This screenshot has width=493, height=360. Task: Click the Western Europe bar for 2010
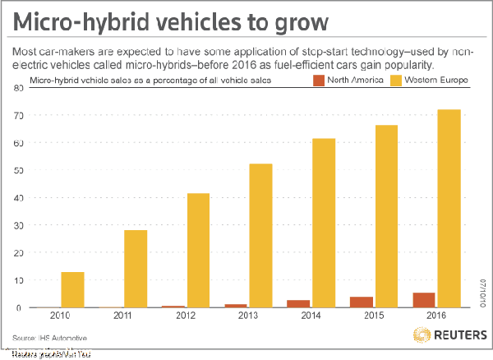click(x=73, y=289)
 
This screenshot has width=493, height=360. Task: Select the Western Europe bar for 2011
click(x=136, y=269)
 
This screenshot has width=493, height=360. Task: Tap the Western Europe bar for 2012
click(x=199, y=251)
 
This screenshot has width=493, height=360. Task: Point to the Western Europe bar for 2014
click(x=324, y=223)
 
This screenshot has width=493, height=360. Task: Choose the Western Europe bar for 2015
click(x=386, y=216)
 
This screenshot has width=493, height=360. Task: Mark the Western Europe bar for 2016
click(x=449, y=209)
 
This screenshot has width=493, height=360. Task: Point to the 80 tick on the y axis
click(x=17, y=88)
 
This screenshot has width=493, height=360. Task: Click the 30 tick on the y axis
click(x=17, y=225)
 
